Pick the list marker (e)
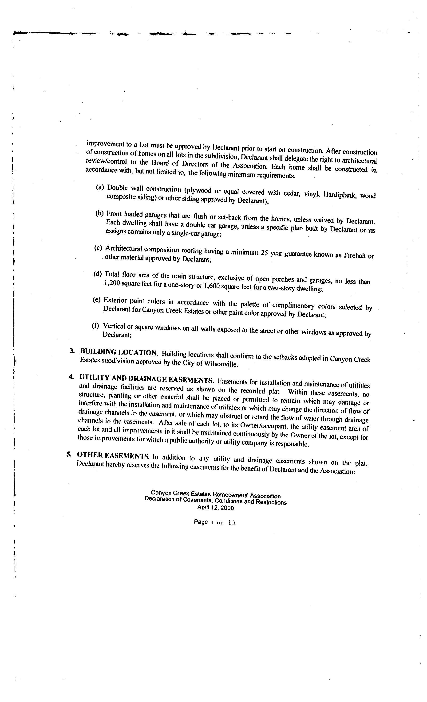click(97, 300)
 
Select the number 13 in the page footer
click(232, 523)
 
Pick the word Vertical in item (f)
click(114, 326)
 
